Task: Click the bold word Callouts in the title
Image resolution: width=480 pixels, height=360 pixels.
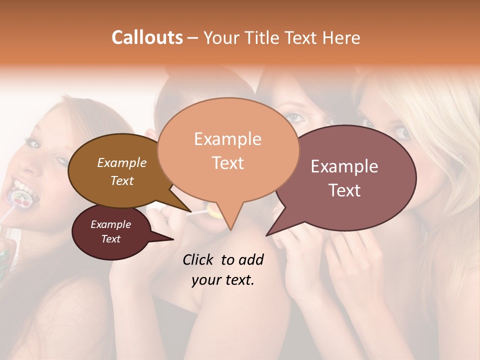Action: pos(147,37)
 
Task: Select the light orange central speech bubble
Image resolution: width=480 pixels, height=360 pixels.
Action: pos(228,150)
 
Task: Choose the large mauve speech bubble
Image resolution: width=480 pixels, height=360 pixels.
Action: pos(345,177)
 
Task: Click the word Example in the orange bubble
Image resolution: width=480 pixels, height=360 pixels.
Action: pos(227,139)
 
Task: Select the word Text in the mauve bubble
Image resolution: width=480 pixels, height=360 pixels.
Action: pos(345,190)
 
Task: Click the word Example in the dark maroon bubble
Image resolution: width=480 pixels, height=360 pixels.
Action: pos(111,224)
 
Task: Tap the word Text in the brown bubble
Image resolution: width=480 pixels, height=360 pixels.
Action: pos(122,181)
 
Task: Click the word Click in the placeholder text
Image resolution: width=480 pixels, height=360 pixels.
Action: pos(199,259)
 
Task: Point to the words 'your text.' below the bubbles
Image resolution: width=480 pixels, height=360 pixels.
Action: pos(223,280)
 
